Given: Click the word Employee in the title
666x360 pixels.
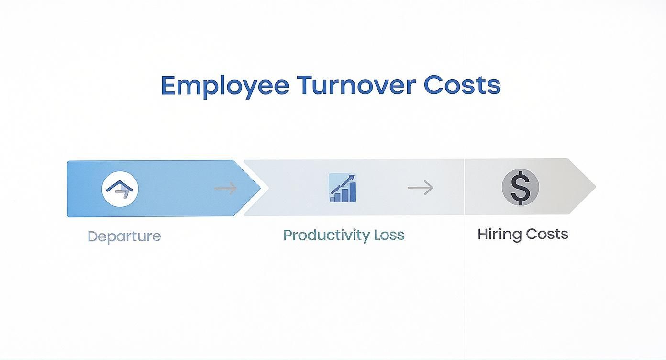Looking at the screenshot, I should click(x=224, y=86).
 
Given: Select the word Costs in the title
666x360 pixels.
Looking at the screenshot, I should click(x=462, y=85).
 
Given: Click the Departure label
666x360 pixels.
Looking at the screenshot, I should click(x=124, y=236).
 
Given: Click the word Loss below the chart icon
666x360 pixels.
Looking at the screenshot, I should click(x=389, y=235).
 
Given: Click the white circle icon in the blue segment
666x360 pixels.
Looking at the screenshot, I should click(x=120, y=188).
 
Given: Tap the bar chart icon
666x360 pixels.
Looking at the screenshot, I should click(x=343, y=188).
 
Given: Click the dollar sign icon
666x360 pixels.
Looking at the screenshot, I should click(x=520, y=187).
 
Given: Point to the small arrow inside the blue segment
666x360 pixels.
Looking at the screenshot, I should click(x=225, y=188).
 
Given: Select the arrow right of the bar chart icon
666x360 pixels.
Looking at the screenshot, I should click(x=420, y=188).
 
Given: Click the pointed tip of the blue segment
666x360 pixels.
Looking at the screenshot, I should click(x=259, y=188).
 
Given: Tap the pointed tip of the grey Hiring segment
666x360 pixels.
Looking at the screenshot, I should click(x=594, y=187).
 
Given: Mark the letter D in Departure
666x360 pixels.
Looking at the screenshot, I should click(x=92, y=236).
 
